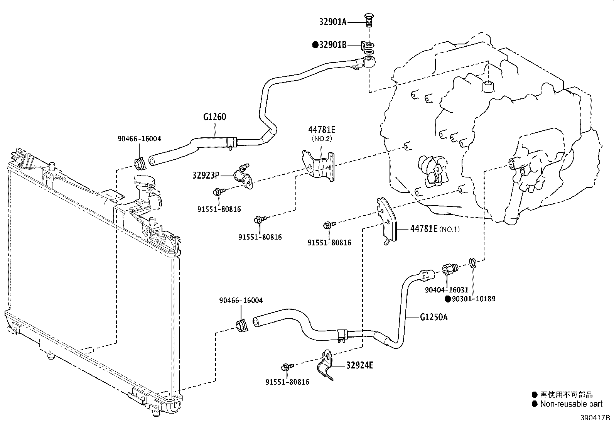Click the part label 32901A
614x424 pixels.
tap(333, 22)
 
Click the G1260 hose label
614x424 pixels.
tap(214, 117)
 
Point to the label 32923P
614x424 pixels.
tap(206, 175)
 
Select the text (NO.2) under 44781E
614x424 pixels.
tap(322, 139)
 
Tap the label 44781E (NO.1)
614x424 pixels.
tap(435, 229)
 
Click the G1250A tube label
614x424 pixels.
tap(434, 317)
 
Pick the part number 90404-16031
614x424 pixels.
tap(447, 290)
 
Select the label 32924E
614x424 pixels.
tap(360, 365)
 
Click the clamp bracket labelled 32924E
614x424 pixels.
tap(326, 365)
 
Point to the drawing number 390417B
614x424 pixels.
tap(595, 418)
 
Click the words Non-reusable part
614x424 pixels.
tap(572, 404)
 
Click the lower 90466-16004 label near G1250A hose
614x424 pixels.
tap(241, 301)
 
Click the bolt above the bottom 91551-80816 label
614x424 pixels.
tap(287, 367)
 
